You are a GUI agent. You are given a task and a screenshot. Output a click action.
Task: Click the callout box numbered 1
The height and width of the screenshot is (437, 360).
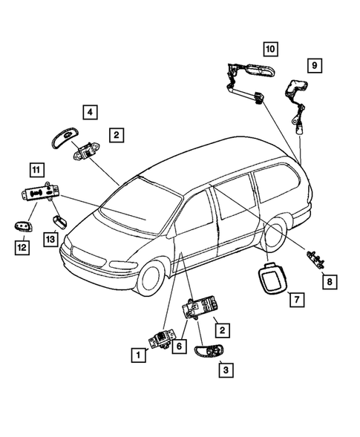[x=137, y=355]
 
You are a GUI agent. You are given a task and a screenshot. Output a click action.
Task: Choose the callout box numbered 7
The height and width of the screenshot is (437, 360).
[x=295, y=300]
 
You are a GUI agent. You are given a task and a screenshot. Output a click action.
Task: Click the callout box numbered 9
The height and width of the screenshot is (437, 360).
[x=315, y=66]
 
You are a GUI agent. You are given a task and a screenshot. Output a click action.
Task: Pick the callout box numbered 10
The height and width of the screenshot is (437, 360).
[x=269, y=49]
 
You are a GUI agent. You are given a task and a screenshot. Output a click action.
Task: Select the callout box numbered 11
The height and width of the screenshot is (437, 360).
[x=36, y=168]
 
